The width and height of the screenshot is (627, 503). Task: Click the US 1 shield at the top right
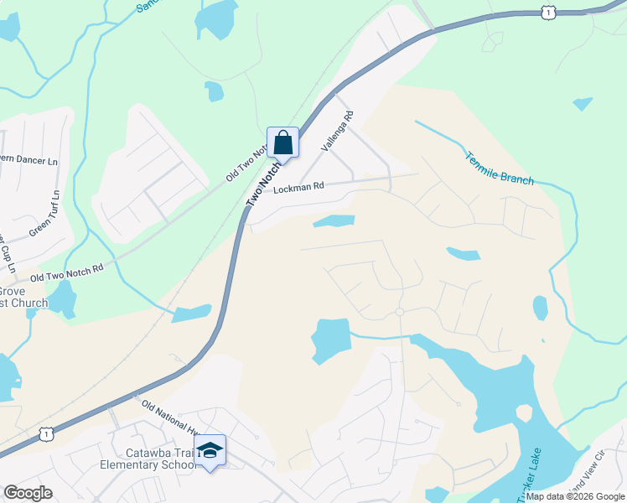pyautogui.click(x=547, y=11)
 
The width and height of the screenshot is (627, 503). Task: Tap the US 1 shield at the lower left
pyautogui.click(x=45, y=433)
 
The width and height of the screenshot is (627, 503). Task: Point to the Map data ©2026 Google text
pyautogui.click(x=575, y=496)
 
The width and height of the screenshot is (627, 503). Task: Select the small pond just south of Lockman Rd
pyautogui.click(x=334, y=221)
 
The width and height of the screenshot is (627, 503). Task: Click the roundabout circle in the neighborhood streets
pyautogui.click(x=400, y=312)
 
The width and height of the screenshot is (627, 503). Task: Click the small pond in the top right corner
pyautogui.click(x=583, y=104)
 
